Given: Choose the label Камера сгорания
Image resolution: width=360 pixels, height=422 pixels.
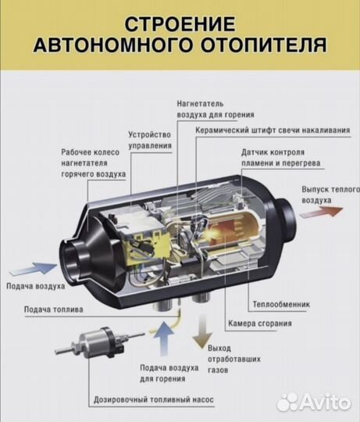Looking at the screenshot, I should pyautogui.click(x=260, y=323).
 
